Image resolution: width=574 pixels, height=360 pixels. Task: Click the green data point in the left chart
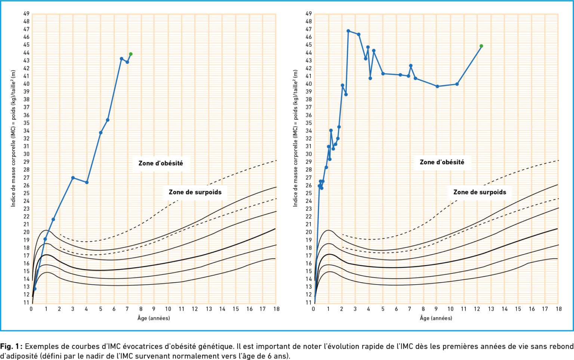[x=130, y=54]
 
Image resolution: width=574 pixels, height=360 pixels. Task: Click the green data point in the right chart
[x=481, y=46]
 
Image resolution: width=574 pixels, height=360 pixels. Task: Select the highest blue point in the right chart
[x=348, y=31]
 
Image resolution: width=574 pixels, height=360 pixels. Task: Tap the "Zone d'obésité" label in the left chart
[x=161, y=163]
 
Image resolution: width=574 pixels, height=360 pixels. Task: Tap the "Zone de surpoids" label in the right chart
[x=479, y=192]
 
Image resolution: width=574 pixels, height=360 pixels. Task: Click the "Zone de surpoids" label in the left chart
[x=195, y=192]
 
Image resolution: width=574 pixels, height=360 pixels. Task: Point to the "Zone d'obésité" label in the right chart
[x=442, y=162]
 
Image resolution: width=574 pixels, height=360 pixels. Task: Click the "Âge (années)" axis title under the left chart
[x=154, y=318]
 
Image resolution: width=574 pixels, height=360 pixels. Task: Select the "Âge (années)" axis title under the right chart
[x=436, y=318]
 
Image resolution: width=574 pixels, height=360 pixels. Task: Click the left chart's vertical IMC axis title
[x=13, y=138]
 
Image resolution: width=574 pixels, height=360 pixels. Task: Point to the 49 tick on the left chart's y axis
[x=26, y=13]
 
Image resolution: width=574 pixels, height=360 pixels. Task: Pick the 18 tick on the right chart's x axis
[x=558, y=309]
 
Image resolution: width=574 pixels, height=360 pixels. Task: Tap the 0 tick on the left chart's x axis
[x=31, y=309]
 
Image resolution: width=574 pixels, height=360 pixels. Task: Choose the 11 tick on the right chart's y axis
[x=308, y=302]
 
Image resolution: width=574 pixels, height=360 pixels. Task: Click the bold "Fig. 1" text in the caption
[x=12, y=346]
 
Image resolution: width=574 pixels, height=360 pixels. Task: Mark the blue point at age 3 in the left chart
[x=73, y=178]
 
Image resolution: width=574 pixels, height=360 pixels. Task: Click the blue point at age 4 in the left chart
[x=87, y=183]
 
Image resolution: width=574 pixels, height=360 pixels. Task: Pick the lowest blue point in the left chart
[x=35, y=289]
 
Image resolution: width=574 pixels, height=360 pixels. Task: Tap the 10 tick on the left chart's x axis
[x=168, y=309]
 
